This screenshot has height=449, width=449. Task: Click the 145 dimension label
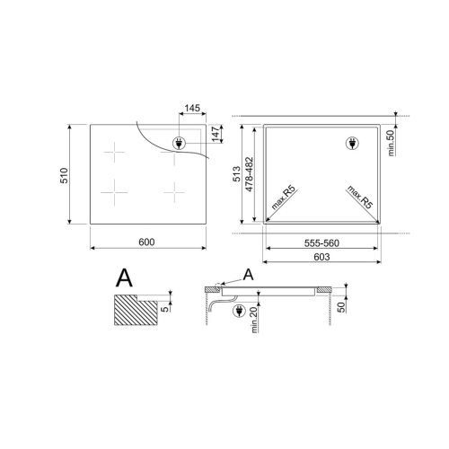click(x=192, y=108)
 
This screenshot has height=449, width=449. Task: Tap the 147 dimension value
click(x=216, y=134)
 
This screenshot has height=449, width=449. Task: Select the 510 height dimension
click(x=65, y=175)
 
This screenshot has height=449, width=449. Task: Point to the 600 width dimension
click(x=146, y=242)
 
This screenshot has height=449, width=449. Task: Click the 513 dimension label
click(x=236, y=174)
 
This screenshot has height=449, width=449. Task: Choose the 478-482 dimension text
click(x=249, y=174)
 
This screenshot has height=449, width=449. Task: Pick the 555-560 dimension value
click(x=321, y=243)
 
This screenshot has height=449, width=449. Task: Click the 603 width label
click(x=322, y=257)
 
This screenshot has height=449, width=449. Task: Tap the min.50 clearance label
click(x=392, y=143)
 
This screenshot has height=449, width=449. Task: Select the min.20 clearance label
click(x=254, y=320)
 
